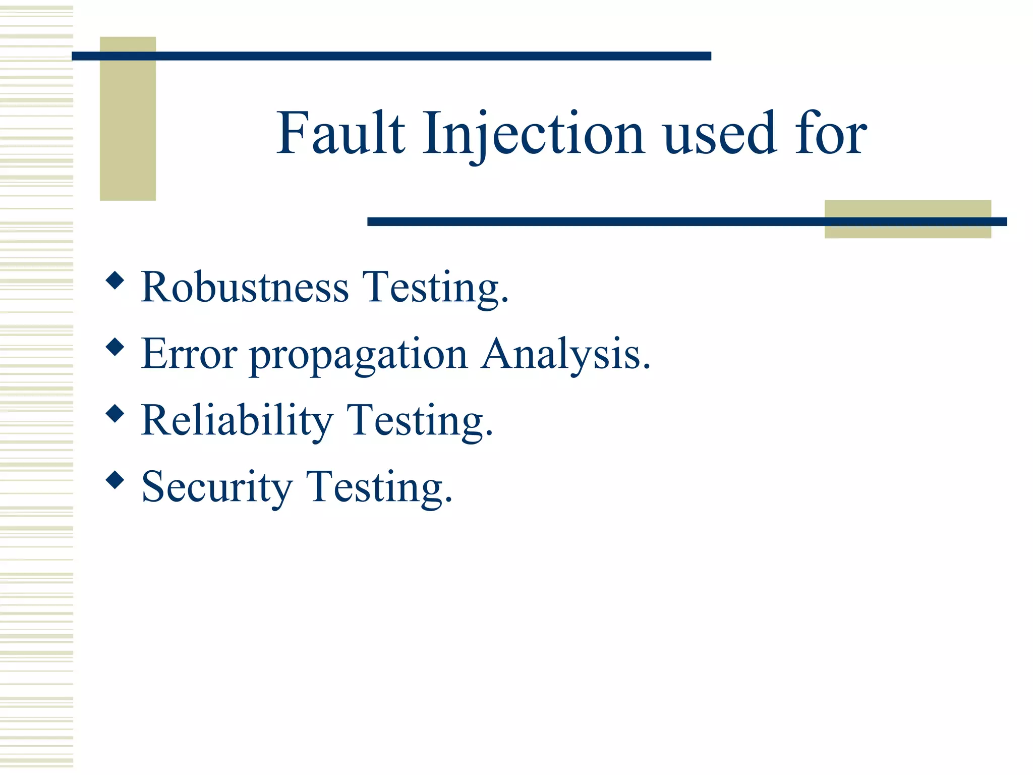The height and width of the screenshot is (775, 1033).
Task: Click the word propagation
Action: coord(359,356)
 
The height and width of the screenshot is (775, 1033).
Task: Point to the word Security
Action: coord(217,487)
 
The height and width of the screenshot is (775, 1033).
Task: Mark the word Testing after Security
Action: coord(379,488)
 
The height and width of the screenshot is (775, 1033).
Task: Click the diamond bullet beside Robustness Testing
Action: coord(116,280)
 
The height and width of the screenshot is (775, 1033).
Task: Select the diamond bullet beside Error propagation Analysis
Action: coord(116,347)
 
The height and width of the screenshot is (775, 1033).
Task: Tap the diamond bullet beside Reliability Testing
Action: coord(116,413)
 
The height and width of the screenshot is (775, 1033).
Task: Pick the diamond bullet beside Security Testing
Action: coord(116,480)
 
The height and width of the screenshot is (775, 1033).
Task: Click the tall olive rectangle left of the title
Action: coord(128,126)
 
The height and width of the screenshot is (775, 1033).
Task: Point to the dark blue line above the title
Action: coord(391,56)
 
